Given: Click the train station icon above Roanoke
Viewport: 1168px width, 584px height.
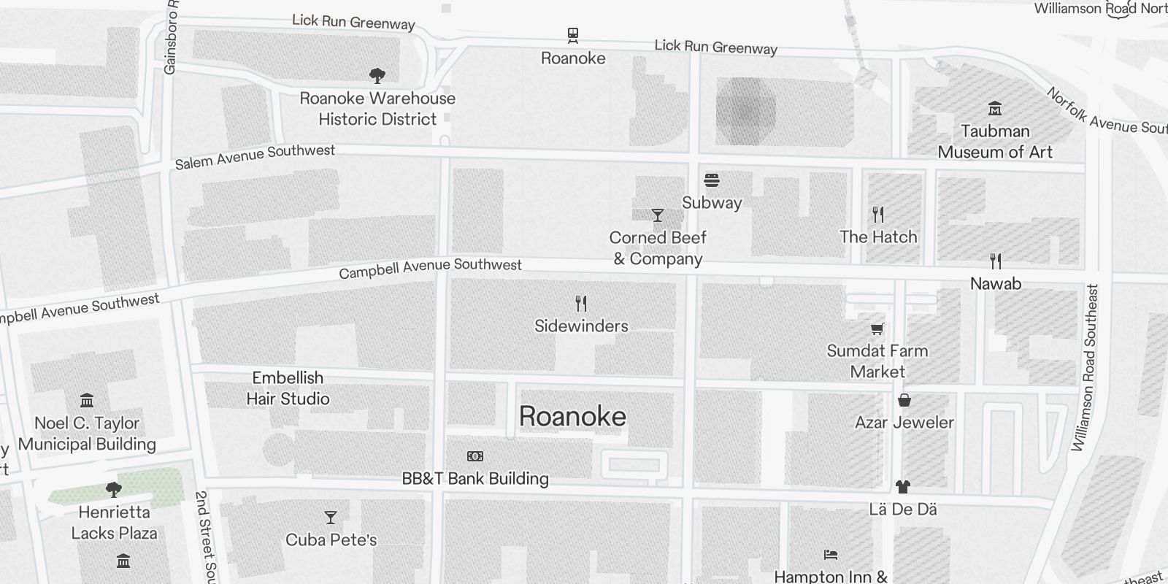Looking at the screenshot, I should [573, 35].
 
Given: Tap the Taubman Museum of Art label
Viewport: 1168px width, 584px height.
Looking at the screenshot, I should [995, 142].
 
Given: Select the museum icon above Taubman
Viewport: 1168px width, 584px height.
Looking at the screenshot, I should [994, 109].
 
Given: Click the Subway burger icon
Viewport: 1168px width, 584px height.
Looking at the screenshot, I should [712, 180].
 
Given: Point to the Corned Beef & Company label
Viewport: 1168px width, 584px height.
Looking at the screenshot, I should [658, 248].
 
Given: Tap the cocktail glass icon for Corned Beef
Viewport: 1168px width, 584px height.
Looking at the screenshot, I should [658, 215].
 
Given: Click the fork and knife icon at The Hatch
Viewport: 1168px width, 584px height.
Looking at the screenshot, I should [878, 215].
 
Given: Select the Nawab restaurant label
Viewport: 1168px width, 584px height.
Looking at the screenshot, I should [995, 283].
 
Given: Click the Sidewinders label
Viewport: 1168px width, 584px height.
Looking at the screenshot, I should [581, 326].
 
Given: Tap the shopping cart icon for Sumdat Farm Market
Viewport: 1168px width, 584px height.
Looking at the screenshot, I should [877, 328].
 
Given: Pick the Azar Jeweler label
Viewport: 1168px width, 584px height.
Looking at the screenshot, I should [904, 422].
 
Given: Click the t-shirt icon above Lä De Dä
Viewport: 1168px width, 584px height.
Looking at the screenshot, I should [903, 486].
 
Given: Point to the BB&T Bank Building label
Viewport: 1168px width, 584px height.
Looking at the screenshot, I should [475, 479].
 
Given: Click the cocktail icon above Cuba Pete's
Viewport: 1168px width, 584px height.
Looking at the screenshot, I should [331, 518].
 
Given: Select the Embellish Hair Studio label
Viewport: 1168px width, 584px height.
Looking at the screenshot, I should [288, 388].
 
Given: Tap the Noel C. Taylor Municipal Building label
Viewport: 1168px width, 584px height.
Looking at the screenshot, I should [87, 434].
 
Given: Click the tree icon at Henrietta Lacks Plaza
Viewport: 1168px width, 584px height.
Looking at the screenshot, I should [113, 489].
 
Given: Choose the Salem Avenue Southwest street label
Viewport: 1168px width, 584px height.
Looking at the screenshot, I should [255, 156].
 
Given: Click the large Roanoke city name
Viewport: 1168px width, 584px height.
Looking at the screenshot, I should [572, 416].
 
